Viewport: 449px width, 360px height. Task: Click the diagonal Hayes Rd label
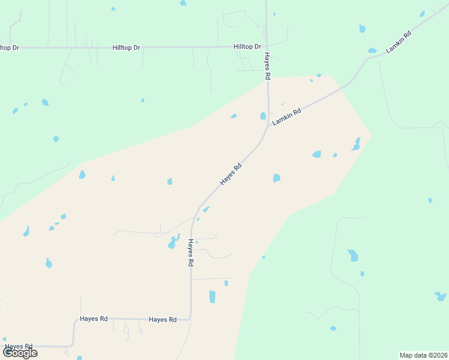231,173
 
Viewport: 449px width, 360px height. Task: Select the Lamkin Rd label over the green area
399,43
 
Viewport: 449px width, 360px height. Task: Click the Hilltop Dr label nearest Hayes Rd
247,47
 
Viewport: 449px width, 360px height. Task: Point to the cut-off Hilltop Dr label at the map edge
9,47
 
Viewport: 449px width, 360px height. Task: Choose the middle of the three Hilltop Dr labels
126,47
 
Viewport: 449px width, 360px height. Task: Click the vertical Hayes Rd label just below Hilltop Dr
268,66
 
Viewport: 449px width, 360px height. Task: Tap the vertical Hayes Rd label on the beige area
190,253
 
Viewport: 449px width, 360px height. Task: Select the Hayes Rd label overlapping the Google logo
18,346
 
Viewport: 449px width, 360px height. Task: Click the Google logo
20,353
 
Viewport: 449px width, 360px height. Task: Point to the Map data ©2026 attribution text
423,355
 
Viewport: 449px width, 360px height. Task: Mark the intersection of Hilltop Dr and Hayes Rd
267,46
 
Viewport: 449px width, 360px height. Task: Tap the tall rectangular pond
212,296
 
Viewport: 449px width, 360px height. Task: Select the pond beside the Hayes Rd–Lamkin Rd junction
263,116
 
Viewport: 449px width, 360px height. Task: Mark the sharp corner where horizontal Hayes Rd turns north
190,319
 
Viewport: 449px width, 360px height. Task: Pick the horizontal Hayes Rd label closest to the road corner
163,320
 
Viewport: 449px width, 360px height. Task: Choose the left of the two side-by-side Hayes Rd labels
94,319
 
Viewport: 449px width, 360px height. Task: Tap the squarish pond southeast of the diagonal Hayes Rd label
276,178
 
